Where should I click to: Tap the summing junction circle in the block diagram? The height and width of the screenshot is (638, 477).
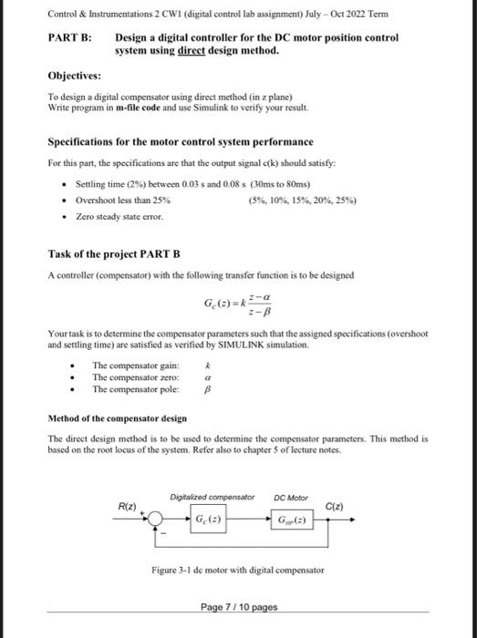[159, 520]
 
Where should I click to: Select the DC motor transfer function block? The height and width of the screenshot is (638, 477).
[292, 520]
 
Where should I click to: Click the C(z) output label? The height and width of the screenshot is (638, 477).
[334, 505]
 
